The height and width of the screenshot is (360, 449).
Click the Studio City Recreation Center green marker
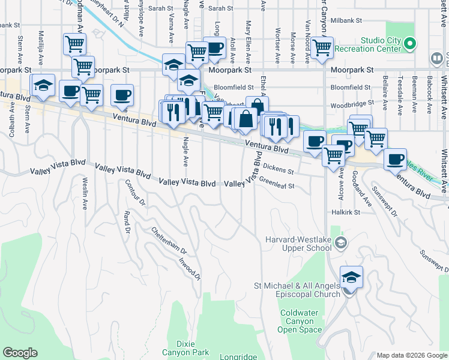point(410,44)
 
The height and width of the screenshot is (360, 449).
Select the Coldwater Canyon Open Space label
point(302,322)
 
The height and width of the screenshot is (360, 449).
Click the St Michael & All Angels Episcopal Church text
point(297,290)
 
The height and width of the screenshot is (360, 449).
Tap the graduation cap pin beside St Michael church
point(351,278)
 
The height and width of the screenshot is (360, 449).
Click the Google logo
point(20,353)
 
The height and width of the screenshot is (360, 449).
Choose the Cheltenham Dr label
point(169,240)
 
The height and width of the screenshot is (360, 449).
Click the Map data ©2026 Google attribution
point(412,355)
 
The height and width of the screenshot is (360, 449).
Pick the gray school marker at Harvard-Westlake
point(341,242)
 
